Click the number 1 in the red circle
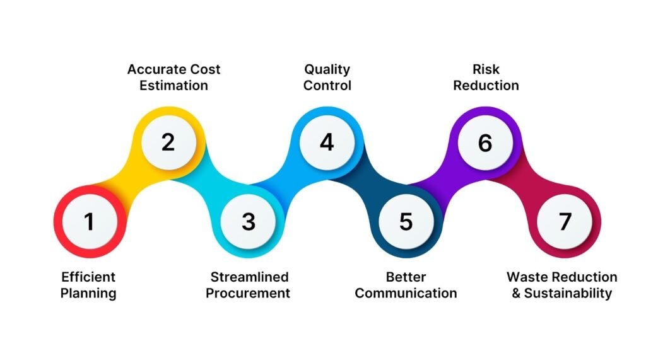[89, 221]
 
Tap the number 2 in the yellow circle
[168, 142]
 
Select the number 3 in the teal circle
[248, 221]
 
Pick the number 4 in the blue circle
[327, 142]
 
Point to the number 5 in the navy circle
[406, 221]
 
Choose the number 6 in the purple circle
[484, 142]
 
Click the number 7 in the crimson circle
[565, 221]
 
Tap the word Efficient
[88, 277]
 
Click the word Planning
[88, 293]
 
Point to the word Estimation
[173, 85]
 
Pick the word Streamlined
[249, 277]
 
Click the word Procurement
[248, 293]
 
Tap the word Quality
[327, 69]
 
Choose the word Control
[327, 85]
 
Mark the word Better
[406, 277]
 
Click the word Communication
[406, 293]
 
